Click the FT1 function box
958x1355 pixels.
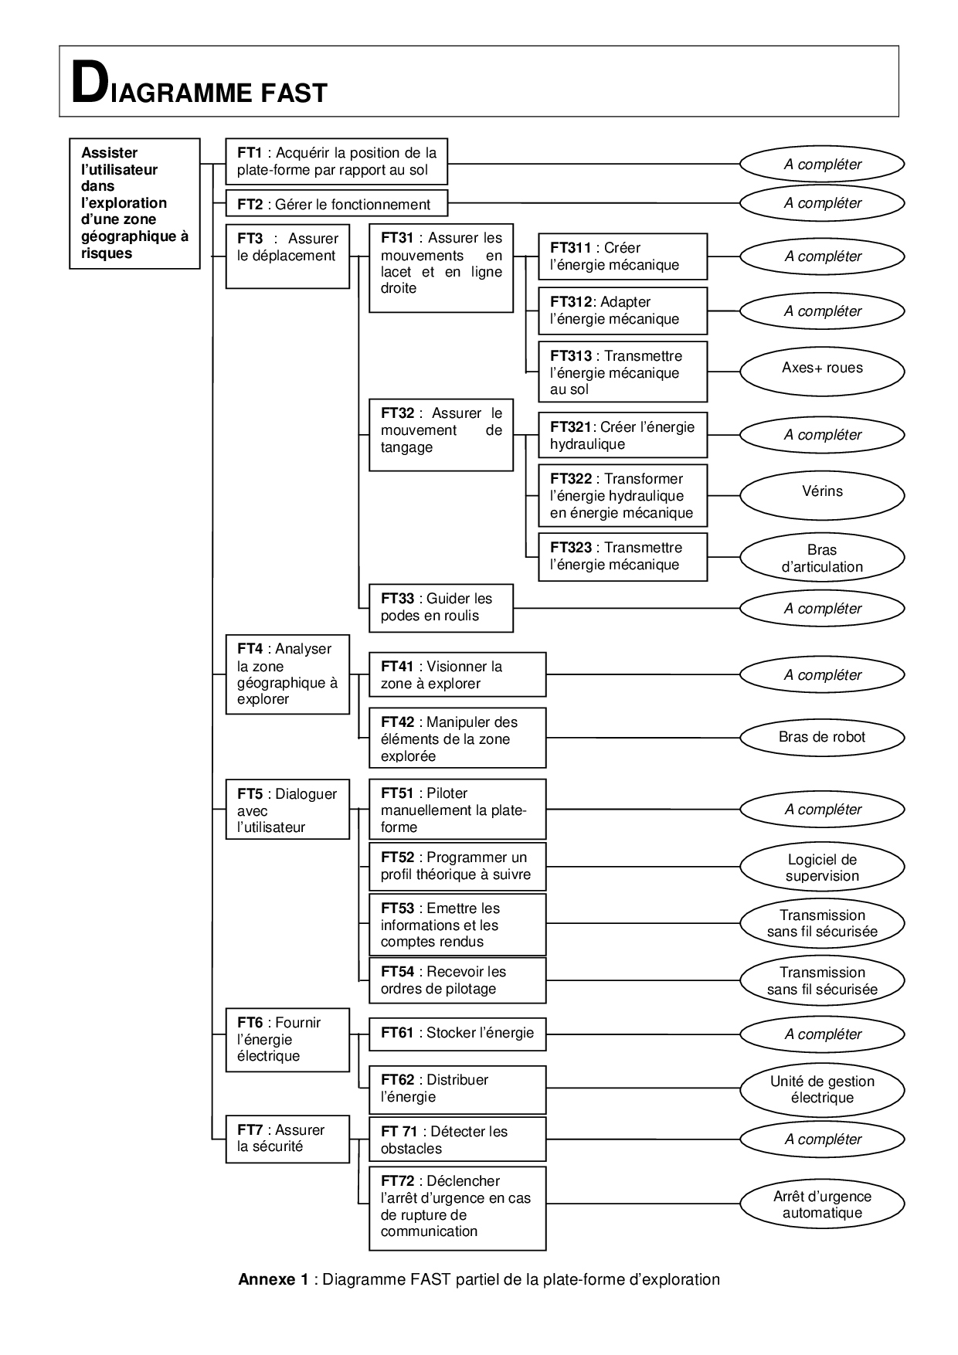336,161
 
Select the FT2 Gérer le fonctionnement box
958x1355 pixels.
336,204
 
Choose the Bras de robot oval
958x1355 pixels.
822,737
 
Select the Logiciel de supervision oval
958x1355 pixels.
822,868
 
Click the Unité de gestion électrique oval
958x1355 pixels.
822,1089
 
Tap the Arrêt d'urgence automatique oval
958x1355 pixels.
822,1204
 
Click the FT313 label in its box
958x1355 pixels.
570,356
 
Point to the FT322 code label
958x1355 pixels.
570,479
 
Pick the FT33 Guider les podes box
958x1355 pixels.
440,607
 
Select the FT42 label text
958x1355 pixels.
398,722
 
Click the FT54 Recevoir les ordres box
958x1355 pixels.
457,980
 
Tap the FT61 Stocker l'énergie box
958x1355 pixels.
457,1034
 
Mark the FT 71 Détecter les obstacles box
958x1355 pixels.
457,1139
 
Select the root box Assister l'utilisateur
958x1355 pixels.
134,203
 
